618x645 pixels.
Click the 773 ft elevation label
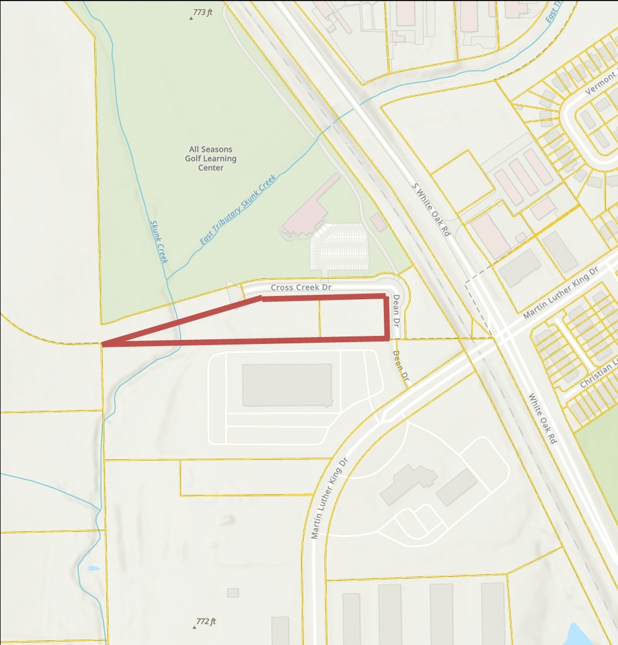[202, 12]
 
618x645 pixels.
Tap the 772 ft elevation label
[206, 622]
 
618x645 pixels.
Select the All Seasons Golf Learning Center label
[211, 158]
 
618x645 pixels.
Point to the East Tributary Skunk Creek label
[239, 210]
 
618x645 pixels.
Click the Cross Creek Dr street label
[300, 287]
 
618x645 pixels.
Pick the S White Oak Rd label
[431, 209]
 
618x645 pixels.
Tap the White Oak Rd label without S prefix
[542, 417]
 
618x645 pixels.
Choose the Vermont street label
[600, 82]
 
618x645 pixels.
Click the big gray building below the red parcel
[287, 385]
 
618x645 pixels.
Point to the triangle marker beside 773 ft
[191, 18]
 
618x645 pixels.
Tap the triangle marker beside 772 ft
[195, 627]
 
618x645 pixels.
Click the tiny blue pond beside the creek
[94, 568]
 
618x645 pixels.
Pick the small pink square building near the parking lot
[378, 222]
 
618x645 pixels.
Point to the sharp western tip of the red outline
[104, 344]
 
